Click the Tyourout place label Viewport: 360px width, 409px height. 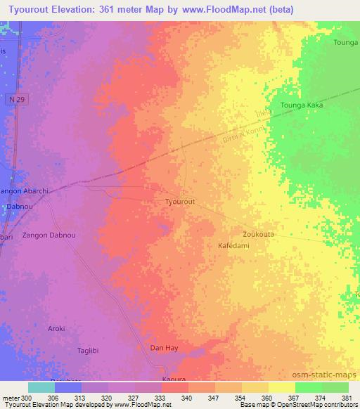179,201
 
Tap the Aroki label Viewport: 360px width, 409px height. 56,328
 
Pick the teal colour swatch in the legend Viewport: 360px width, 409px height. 41,387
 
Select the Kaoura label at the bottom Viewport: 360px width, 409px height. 173,379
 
